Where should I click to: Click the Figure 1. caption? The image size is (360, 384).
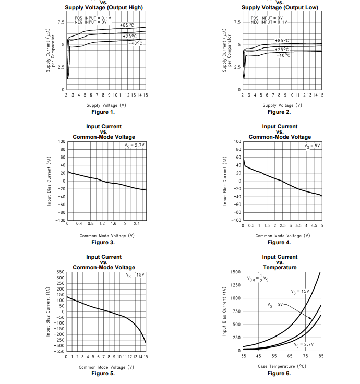click(x=103, y=112)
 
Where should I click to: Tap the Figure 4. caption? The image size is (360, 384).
click(x=279, y=242)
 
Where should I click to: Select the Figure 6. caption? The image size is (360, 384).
click(x=279, y=373)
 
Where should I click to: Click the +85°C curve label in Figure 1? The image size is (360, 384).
click(x=127, y=25)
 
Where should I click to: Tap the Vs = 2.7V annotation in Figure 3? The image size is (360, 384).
click(x=135, y=145)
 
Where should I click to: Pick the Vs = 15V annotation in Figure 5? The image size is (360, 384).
click(x=135, y=274)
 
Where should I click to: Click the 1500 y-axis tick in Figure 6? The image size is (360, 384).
click(x=235, y=272)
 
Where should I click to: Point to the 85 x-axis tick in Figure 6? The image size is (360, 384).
click(x=320, y=356)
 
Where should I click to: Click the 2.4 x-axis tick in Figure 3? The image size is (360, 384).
click(x=137, y=223)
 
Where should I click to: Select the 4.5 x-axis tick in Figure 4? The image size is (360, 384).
click(x=314, y=226)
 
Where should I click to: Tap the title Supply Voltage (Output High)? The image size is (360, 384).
click(x=104, y=7)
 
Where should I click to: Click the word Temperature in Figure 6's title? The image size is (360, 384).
click(x=280, y=268)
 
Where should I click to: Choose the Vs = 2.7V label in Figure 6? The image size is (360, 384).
click(x=304, y=345)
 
